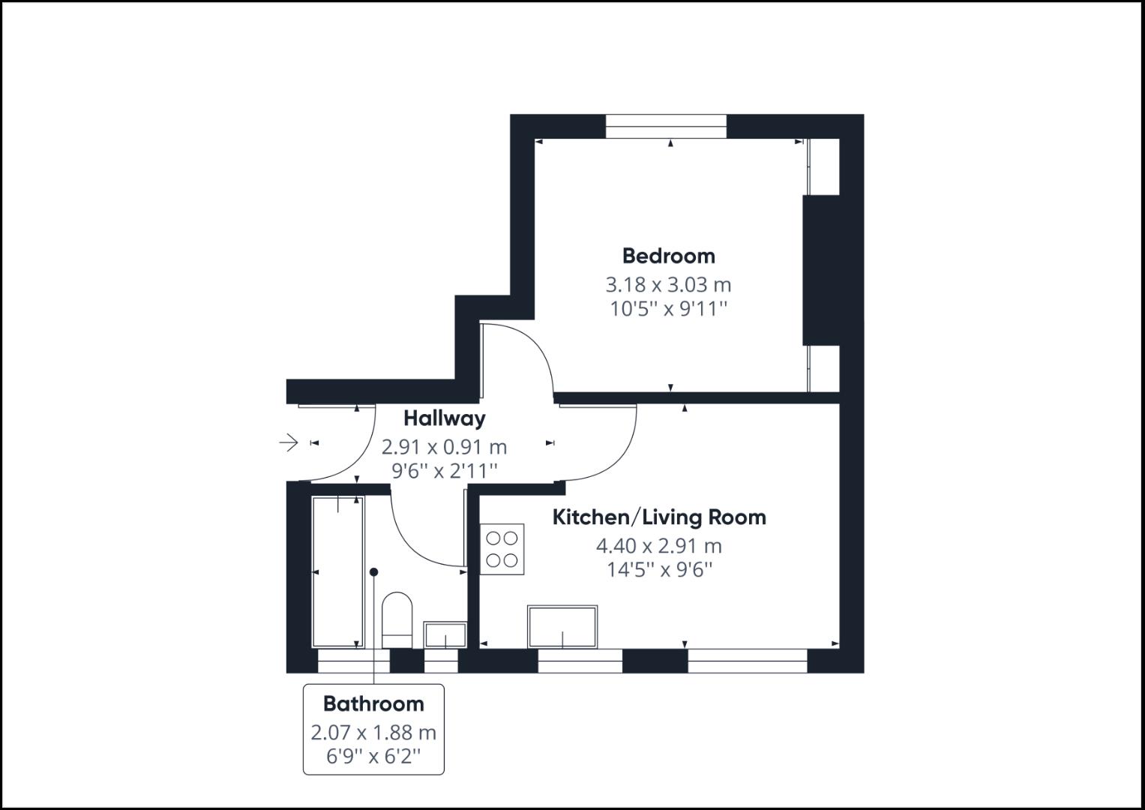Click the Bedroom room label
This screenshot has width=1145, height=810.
[x=668, y=256]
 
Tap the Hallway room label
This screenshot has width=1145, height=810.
[x=444, y=418]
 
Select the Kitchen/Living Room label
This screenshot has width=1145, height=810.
[x=659, y=517]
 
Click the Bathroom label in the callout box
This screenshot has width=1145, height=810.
[x=373, y=703]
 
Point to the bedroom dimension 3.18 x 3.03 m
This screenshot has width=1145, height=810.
[x=668, y=285]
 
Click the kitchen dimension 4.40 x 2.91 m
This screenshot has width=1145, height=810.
[x=659, y=546]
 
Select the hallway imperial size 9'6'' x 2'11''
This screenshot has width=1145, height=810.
[x=444, y=471]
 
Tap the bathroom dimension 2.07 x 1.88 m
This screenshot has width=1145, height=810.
[x=373, y=732]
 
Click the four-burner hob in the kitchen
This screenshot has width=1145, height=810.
[x=502, y=549]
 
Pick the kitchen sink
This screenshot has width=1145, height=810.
[x=562, y=627]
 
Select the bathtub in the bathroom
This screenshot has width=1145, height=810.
[x=337, y=571]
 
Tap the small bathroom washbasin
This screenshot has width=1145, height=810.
[x=445, y=634]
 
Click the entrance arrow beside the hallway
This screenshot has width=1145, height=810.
[x=289, y=442]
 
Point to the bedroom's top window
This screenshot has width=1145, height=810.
[x=666, y=126]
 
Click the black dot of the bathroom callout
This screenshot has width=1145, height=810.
[x=374, y=572]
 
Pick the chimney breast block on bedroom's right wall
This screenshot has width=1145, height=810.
[x=820, y=270]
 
